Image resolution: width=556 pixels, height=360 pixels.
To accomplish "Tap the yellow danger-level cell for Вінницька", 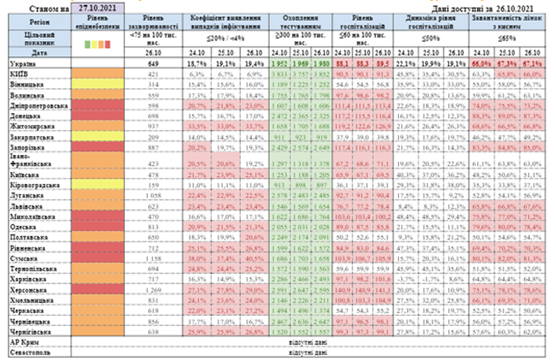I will point(96,87).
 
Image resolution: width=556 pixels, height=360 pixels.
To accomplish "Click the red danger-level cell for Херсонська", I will point(96,290).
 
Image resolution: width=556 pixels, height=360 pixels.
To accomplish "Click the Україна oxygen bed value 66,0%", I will point(482,65).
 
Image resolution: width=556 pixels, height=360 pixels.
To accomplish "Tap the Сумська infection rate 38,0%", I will point(197,258).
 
